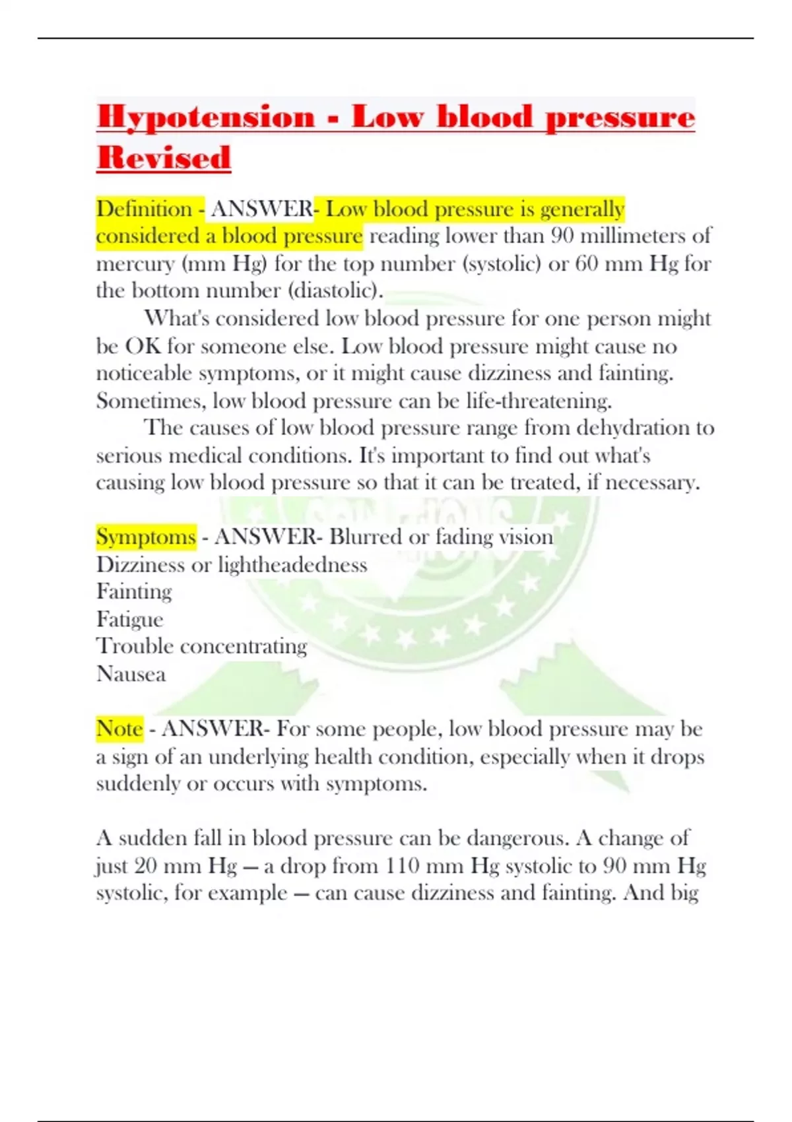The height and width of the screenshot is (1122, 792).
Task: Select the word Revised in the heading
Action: (x=164, y=158)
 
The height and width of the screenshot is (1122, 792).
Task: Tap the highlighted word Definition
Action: (x=144, y=209)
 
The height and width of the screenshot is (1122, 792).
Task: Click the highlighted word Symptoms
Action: (x=146, y=537)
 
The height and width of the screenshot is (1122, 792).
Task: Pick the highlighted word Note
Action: (x=119, y=729)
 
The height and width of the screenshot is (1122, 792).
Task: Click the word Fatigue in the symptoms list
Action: (x=129, y=619)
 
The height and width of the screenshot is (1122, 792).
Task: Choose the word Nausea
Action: (x=131, y=674)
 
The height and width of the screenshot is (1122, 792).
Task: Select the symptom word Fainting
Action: (x=134, y=591)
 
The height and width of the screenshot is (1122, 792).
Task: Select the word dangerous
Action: (x=517, y=838)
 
